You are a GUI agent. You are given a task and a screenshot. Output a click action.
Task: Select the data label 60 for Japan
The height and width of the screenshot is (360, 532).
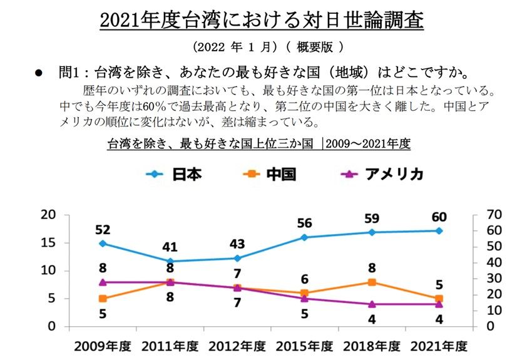(x=439, y=217)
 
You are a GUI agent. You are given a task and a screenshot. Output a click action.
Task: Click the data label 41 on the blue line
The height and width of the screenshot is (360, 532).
(x=169, y=247)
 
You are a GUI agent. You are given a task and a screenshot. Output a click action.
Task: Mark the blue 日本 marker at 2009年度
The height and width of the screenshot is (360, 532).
(x=102, y=243)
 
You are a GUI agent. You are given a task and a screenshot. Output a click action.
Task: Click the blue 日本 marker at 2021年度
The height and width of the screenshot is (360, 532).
(x=439, y=230)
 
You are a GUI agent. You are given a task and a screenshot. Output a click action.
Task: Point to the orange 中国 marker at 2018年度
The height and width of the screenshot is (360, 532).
(x=372, y=282)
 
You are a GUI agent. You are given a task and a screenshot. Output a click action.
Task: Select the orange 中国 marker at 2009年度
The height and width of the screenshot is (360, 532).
(x=102, y=299)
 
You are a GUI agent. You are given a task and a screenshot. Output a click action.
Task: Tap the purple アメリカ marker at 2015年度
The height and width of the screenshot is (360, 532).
(x=304, y=299)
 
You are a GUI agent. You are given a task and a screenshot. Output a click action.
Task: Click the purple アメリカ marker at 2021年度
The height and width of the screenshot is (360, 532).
(x=439, y=304)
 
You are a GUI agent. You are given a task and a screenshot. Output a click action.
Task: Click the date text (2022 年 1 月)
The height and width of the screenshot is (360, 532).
(x=235, y=47)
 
